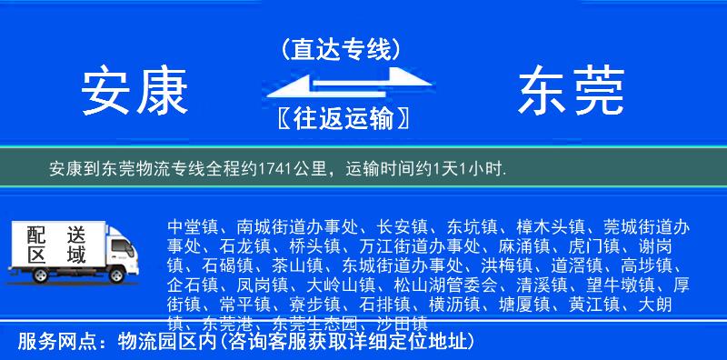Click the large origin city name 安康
point(134,93)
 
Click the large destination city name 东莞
point(571,93)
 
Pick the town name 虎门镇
point(599,245)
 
